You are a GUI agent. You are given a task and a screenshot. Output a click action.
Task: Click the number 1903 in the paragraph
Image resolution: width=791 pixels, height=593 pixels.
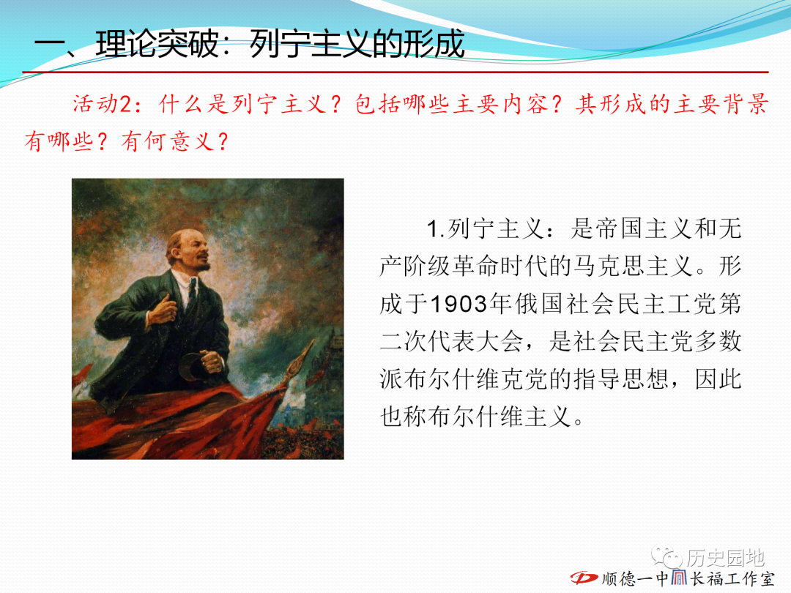point(460,304)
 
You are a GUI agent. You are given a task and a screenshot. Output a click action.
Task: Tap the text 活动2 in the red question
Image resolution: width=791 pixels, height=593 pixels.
point(102,105)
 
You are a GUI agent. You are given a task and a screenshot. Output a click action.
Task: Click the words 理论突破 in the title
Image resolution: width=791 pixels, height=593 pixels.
point(157,45)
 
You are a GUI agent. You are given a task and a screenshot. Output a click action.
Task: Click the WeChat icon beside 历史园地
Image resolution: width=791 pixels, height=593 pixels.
point(666,556)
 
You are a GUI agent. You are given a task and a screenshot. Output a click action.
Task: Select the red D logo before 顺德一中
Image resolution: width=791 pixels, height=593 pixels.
point(584,578)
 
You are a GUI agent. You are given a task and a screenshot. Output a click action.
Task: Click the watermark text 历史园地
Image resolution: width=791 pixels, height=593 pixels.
point(725,558)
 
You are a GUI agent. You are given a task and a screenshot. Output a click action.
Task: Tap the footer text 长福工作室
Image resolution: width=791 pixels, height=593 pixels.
point(732,578)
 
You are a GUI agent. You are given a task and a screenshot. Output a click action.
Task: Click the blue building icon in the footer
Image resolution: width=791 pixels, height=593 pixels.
point(679,578)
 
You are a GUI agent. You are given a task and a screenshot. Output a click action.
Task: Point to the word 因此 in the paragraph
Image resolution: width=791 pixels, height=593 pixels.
point(718,379)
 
